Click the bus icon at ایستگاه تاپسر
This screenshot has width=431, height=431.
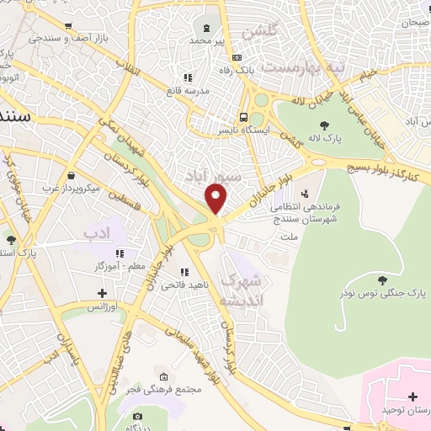tap(242, 118)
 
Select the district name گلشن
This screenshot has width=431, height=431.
tap(259, 32)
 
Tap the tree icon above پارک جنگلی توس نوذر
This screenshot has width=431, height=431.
tap(382, 280)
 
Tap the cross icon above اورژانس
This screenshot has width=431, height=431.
tap(103, 294)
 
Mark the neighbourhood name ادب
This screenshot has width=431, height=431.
tap(98, 230)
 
